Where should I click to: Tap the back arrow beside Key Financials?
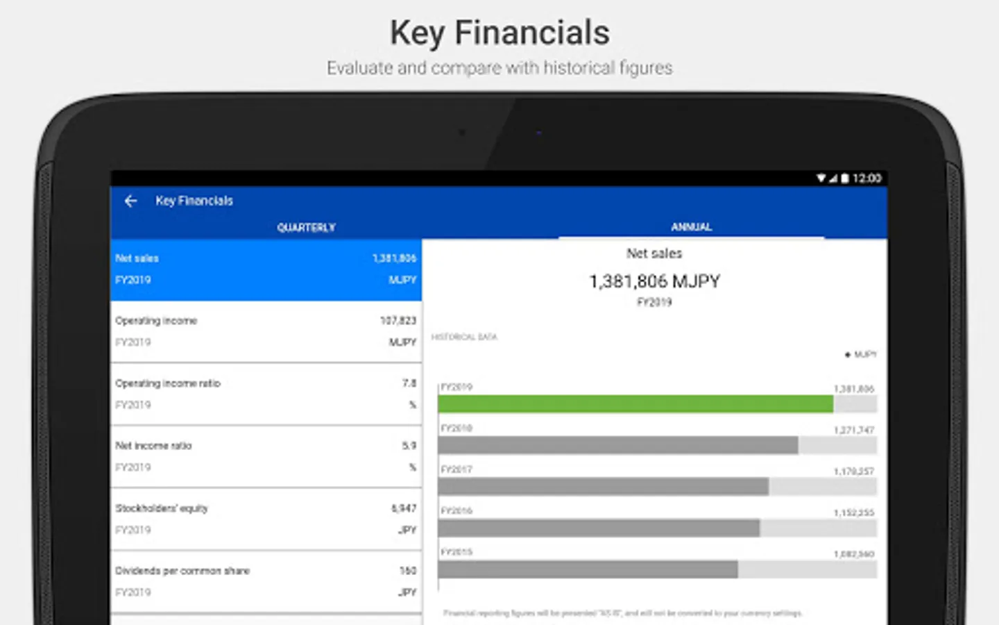coord(130,201)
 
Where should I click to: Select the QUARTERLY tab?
coord(306,227)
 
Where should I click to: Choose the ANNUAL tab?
coord(691,226)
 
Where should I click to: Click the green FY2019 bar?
coord(635,404)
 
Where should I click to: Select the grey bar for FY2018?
coord(617,445)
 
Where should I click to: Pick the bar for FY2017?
coord(603,486)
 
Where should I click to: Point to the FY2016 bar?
coord(598,528)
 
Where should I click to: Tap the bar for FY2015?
coord(588,569)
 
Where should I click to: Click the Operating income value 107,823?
coord(398,320)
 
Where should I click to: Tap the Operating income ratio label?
coord(168,383)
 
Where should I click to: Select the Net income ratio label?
coord(153,446)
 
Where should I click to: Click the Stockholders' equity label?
coord(162,508)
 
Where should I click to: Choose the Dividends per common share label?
coord(182,571)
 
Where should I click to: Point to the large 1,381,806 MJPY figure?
coord(654,281)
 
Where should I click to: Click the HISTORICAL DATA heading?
coord(464,337)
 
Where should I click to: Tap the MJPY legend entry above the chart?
coord(861,354)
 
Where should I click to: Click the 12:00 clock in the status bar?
coord(867,178)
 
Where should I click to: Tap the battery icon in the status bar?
coord(844,178)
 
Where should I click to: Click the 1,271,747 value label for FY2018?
coord(853,430)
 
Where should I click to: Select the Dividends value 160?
coord(407,571)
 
